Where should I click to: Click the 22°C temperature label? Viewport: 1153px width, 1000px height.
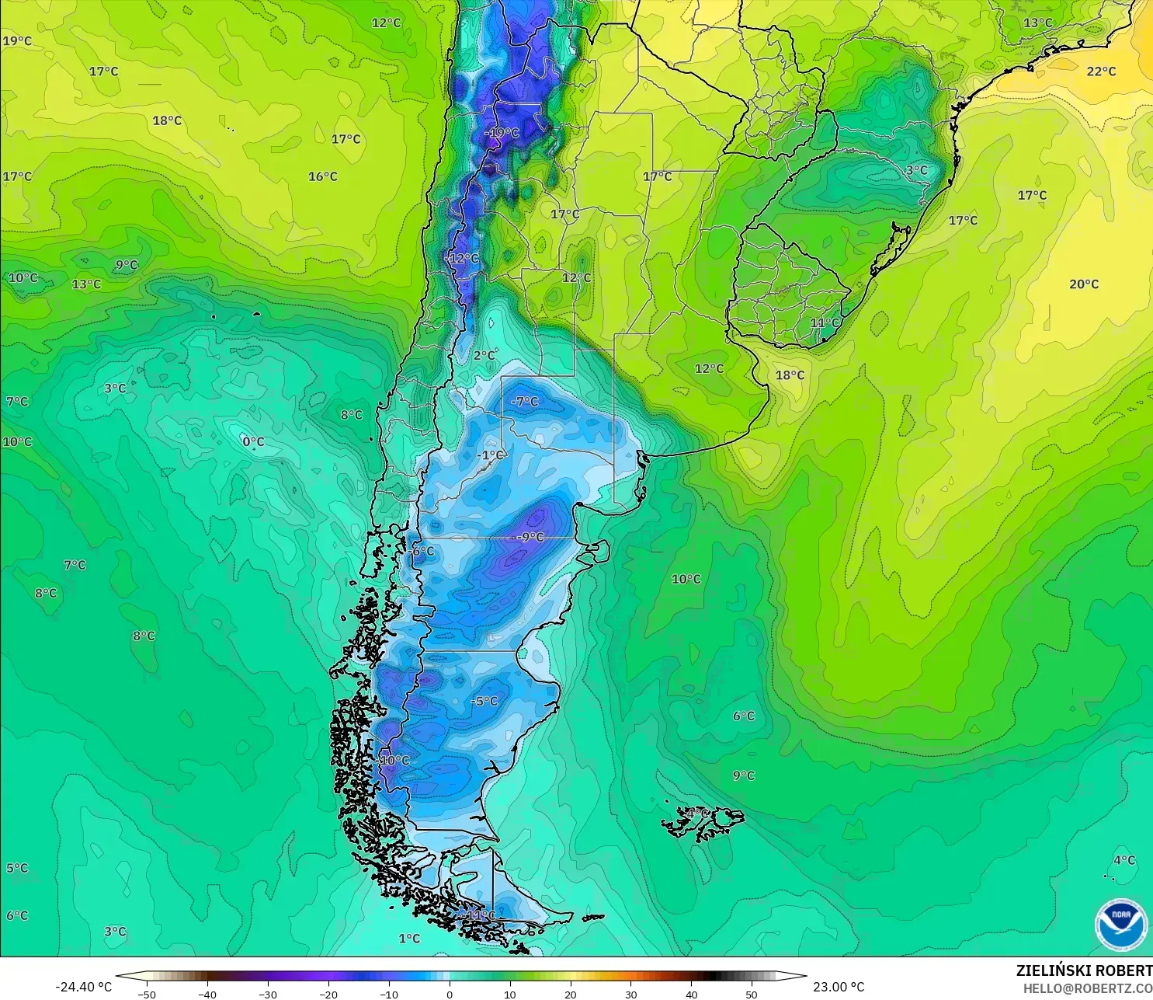point(1101,71)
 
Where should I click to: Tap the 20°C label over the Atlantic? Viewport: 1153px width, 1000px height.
point(1084,284)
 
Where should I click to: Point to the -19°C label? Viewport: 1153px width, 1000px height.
point(502,133)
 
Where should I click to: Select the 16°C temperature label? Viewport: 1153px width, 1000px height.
point(323,176)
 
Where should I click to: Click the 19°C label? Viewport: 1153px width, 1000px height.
point(17,40)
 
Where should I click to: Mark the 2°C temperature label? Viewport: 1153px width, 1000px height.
point(484,355)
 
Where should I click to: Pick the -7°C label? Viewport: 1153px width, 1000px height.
point(525,401)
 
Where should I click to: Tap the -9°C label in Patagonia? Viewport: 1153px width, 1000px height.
point(531,537)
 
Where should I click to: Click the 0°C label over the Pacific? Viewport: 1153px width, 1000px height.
point(253,441)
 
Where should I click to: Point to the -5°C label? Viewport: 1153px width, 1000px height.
point(484,701)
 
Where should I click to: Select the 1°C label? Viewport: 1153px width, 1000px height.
point(409,939)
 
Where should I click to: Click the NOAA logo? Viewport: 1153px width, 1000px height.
point(1120,924)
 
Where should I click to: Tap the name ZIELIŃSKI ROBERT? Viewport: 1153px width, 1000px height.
point(1084,970)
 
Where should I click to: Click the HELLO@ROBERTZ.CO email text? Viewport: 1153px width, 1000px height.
point(1087,988)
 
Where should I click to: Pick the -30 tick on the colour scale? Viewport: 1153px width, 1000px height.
point(268,994)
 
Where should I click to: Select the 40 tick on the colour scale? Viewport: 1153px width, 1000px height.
point(691,994)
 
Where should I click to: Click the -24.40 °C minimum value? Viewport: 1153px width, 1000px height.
point(84,987)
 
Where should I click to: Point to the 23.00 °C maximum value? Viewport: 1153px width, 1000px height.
point(839,987)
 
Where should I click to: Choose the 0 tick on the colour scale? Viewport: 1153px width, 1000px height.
point(450,994)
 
